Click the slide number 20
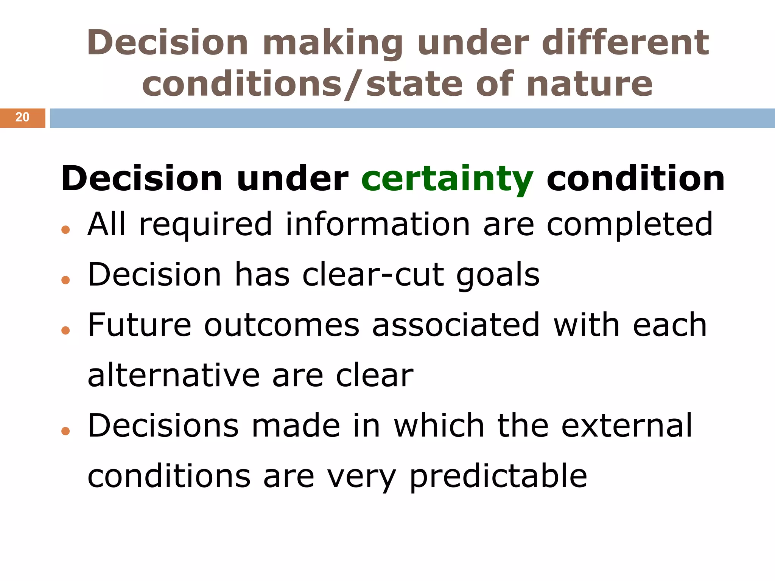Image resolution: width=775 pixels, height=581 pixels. [x=22, y=117]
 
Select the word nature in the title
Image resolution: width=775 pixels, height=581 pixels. [x=589, y=84]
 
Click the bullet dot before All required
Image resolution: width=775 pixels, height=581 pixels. [x=65, y=229]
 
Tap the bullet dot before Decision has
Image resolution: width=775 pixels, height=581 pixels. [x=65, y=280]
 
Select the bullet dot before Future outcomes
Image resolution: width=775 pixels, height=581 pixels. [x=65, y=330]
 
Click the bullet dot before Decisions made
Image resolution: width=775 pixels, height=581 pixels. [x=65, y=431]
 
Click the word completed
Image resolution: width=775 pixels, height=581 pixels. [x=630, y=224]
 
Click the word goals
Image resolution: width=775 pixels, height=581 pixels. [x=498, y=275]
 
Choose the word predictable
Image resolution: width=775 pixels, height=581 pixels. [x=498, y=477]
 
